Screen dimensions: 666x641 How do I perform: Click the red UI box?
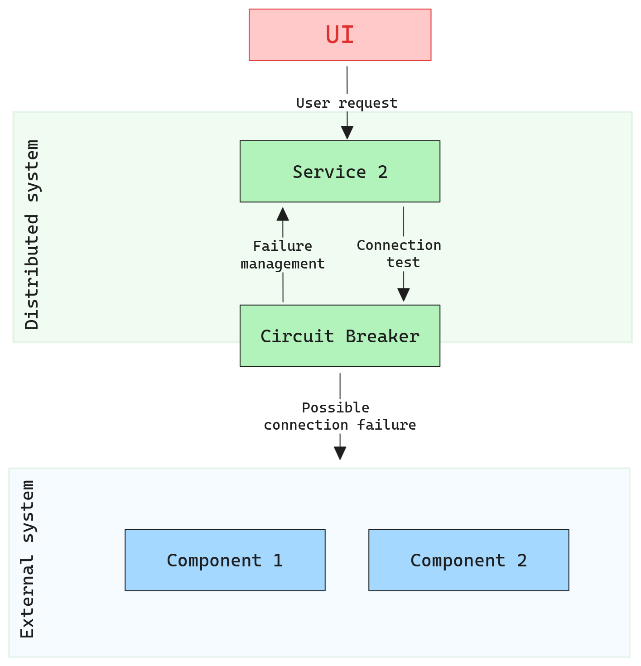pyautogui.click(x=340, y=35)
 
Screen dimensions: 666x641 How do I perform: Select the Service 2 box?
pyautogui.click(x=340, y=172)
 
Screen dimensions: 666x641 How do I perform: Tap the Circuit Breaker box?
pyautogui.click(x=340, y=336)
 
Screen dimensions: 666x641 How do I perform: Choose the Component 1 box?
pyautogui.click(x=225, y=560)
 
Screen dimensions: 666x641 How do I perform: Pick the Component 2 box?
pyautogui.click(x=468, y=560)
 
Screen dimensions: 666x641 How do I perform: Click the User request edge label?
pyautogui.click(x=347, y=103)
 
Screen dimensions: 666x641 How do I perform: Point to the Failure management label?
pyautogui.click(x=283, y=255)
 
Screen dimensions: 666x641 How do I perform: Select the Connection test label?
pyautogui.click(x=399, y=254)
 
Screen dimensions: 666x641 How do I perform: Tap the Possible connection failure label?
pyautogui.click(x=340, y=416)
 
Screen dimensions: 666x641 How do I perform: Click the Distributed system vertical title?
pyautogui.click(x=32, y=235)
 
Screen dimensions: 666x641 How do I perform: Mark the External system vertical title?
pyautogui.click(x=28, y=559)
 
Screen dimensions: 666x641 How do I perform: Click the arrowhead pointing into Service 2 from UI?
pyautogui.click(x=347, y=133)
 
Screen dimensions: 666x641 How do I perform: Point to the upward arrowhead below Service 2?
pyautogui.click(x=283, y=214)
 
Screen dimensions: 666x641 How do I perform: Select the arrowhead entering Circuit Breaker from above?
pyautogui.click(x=403, y=295)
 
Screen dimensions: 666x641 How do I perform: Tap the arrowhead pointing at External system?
pyautogui.click(x=340, y=453)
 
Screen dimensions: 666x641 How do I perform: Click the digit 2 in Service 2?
pyautogui.click(x=383, y=172)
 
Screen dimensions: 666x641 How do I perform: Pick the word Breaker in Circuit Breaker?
pyautogui.click(x=382, y=336)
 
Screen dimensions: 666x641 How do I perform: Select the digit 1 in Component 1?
pyautogui.click(x=278, y=561)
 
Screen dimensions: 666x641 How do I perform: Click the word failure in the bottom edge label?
pyautogui.click(x=386, y=425)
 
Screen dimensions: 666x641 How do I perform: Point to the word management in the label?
pyautogui.click(x=283, y=264)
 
